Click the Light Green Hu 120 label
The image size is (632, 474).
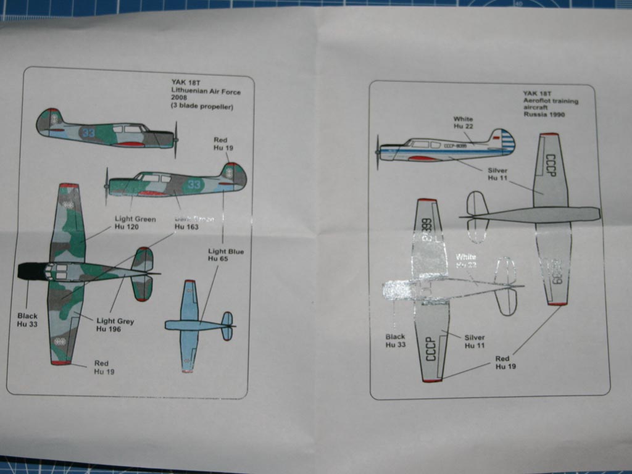135,223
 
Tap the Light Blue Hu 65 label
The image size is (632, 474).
226,256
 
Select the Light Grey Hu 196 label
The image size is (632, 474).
115,325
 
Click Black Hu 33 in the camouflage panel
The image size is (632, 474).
27,320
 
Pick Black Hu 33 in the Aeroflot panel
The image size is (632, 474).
395,341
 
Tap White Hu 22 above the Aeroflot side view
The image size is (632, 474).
463,122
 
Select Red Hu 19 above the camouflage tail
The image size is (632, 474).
220,144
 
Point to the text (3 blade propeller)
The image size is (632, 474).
202,107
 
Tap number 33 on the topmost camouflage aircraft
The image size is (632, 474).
89,132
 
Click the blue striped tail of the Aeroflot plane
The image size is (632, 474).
505,143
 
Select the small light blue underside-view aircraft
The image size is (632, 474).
196,325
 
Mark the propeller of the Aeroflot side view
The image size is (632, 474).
377,151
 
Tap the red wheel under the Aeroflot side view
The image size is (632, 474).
421,159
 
